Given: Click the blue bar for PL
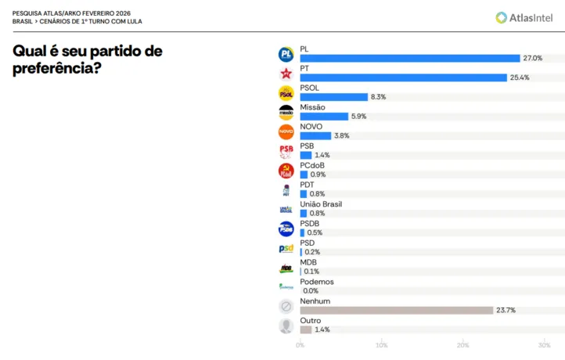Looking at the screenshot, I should coord(409,58).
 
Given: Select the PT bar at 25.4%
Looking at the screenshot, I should coord(403,77).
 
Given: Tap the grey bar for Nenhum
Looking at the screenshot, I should coord(396,310).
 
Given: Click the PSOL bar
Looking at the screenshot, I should coord(333,97).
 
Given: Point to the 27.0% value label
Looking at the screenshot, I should coord(533,58).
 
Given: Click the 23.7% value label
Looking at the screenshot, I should coord(506,310).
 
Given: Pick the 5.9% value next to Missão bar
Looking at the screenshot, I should coord(359,117).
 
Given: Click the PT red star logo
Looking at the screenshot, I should coord(286,74).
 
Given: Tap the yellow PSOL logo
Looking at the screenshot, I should coord(286,93).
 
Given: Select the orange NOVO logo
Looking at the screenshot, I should coord(286,131).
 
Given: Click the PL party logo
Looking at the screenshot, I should coord(286,54).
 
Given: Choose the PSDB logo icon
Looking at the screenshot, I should coord(286,229).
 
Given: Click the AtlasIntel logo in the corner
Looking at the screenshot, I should coord(524,17).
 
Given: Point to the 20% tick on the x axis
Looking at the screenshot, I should coord(462,345).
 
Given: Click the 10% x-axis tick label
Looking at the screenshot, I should coord(381,345).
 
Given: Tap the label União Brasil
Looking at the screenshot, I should coord(321,204).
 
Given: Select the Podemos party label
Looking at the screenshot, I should coord(317,282).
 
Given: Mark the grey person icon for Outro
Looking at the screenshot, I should coord(286,326).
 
